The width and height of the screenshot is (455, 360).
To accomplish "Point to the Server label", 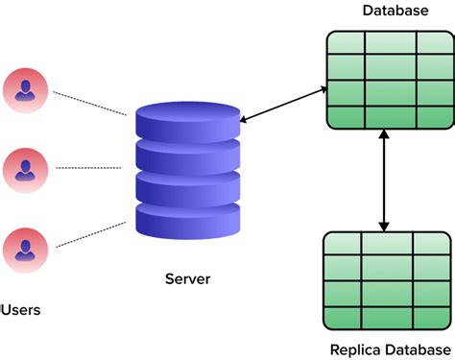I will (186, 279).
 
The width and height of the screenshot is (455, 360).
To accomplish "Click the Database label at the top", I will (395, 11).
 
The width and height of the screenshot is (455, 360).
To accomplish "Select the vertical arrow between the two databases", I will (385, 180).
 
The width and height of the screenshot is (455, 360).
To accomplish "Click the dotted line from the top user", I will (89, 104).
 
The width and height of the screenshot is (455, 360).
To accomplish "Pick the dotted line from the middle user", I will (92, 168).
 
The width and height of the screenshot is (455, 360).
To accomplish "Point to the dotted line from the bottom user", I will (89, 235).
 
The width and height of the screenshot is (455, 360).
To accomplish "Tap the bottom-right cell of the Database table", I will (433, 117).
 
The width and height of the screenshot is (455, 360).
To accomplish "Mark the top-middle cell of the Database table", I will (388, 43).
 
